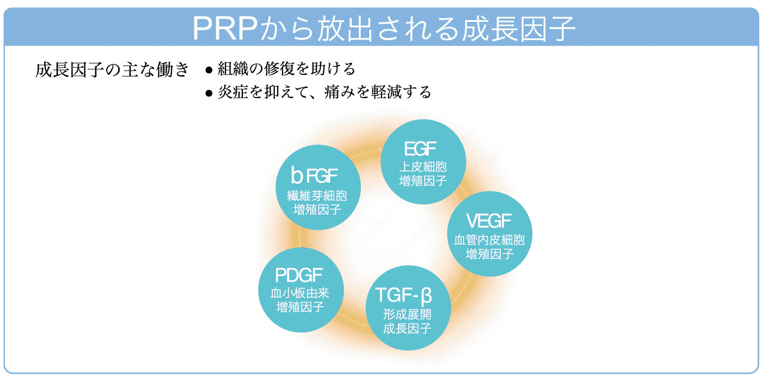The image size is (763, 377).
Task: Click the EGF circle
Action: click(423, 162)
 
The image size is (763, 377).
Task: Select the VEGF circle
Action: click(489, 234)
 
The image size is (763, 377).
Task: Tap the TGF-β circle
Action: click(408, 308)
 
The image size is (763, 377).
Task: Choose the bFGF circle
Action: click(318, 187)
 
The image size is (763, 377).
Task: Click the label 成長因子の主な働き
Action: click(112, 70)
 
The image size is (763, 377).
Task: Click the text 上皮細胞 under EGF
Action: click(423, 167)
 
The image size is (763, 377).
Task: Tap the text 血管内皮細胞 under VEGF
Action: click(489, 240)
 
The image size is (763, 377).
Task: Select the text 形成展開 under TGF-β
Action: click(408, 314)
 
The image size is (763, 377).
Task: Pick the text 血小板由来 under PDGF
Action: click(300, 293)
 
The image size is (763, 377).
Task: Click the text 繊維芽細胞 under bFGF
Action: click(318, 196)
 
